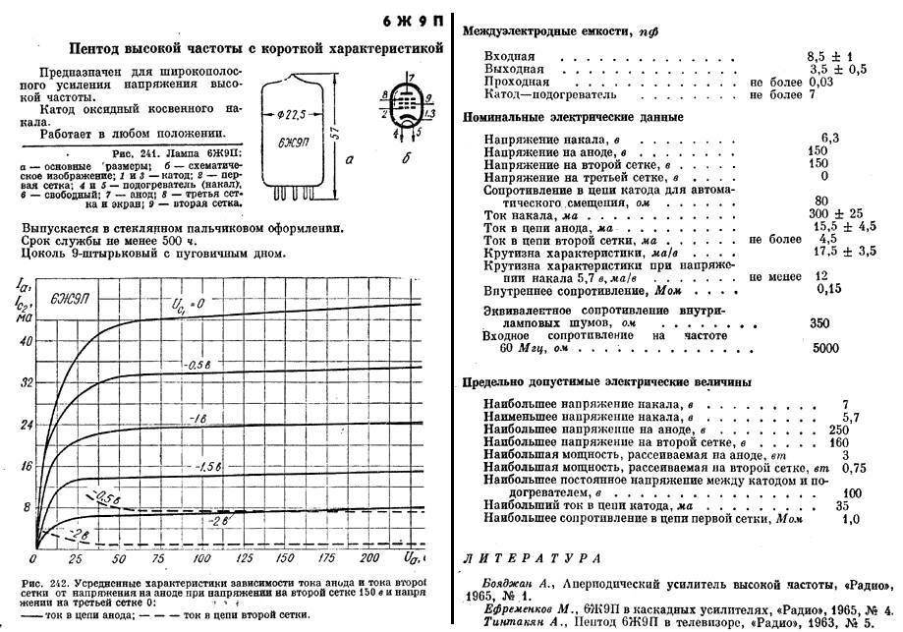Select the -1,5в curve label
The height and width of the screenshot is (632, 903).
tap(209, 466)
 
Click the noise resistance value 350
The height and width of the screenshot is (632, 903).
tap(818, 322)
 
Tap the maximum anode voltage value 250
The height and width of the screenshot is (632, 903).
tap(837, 430)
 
